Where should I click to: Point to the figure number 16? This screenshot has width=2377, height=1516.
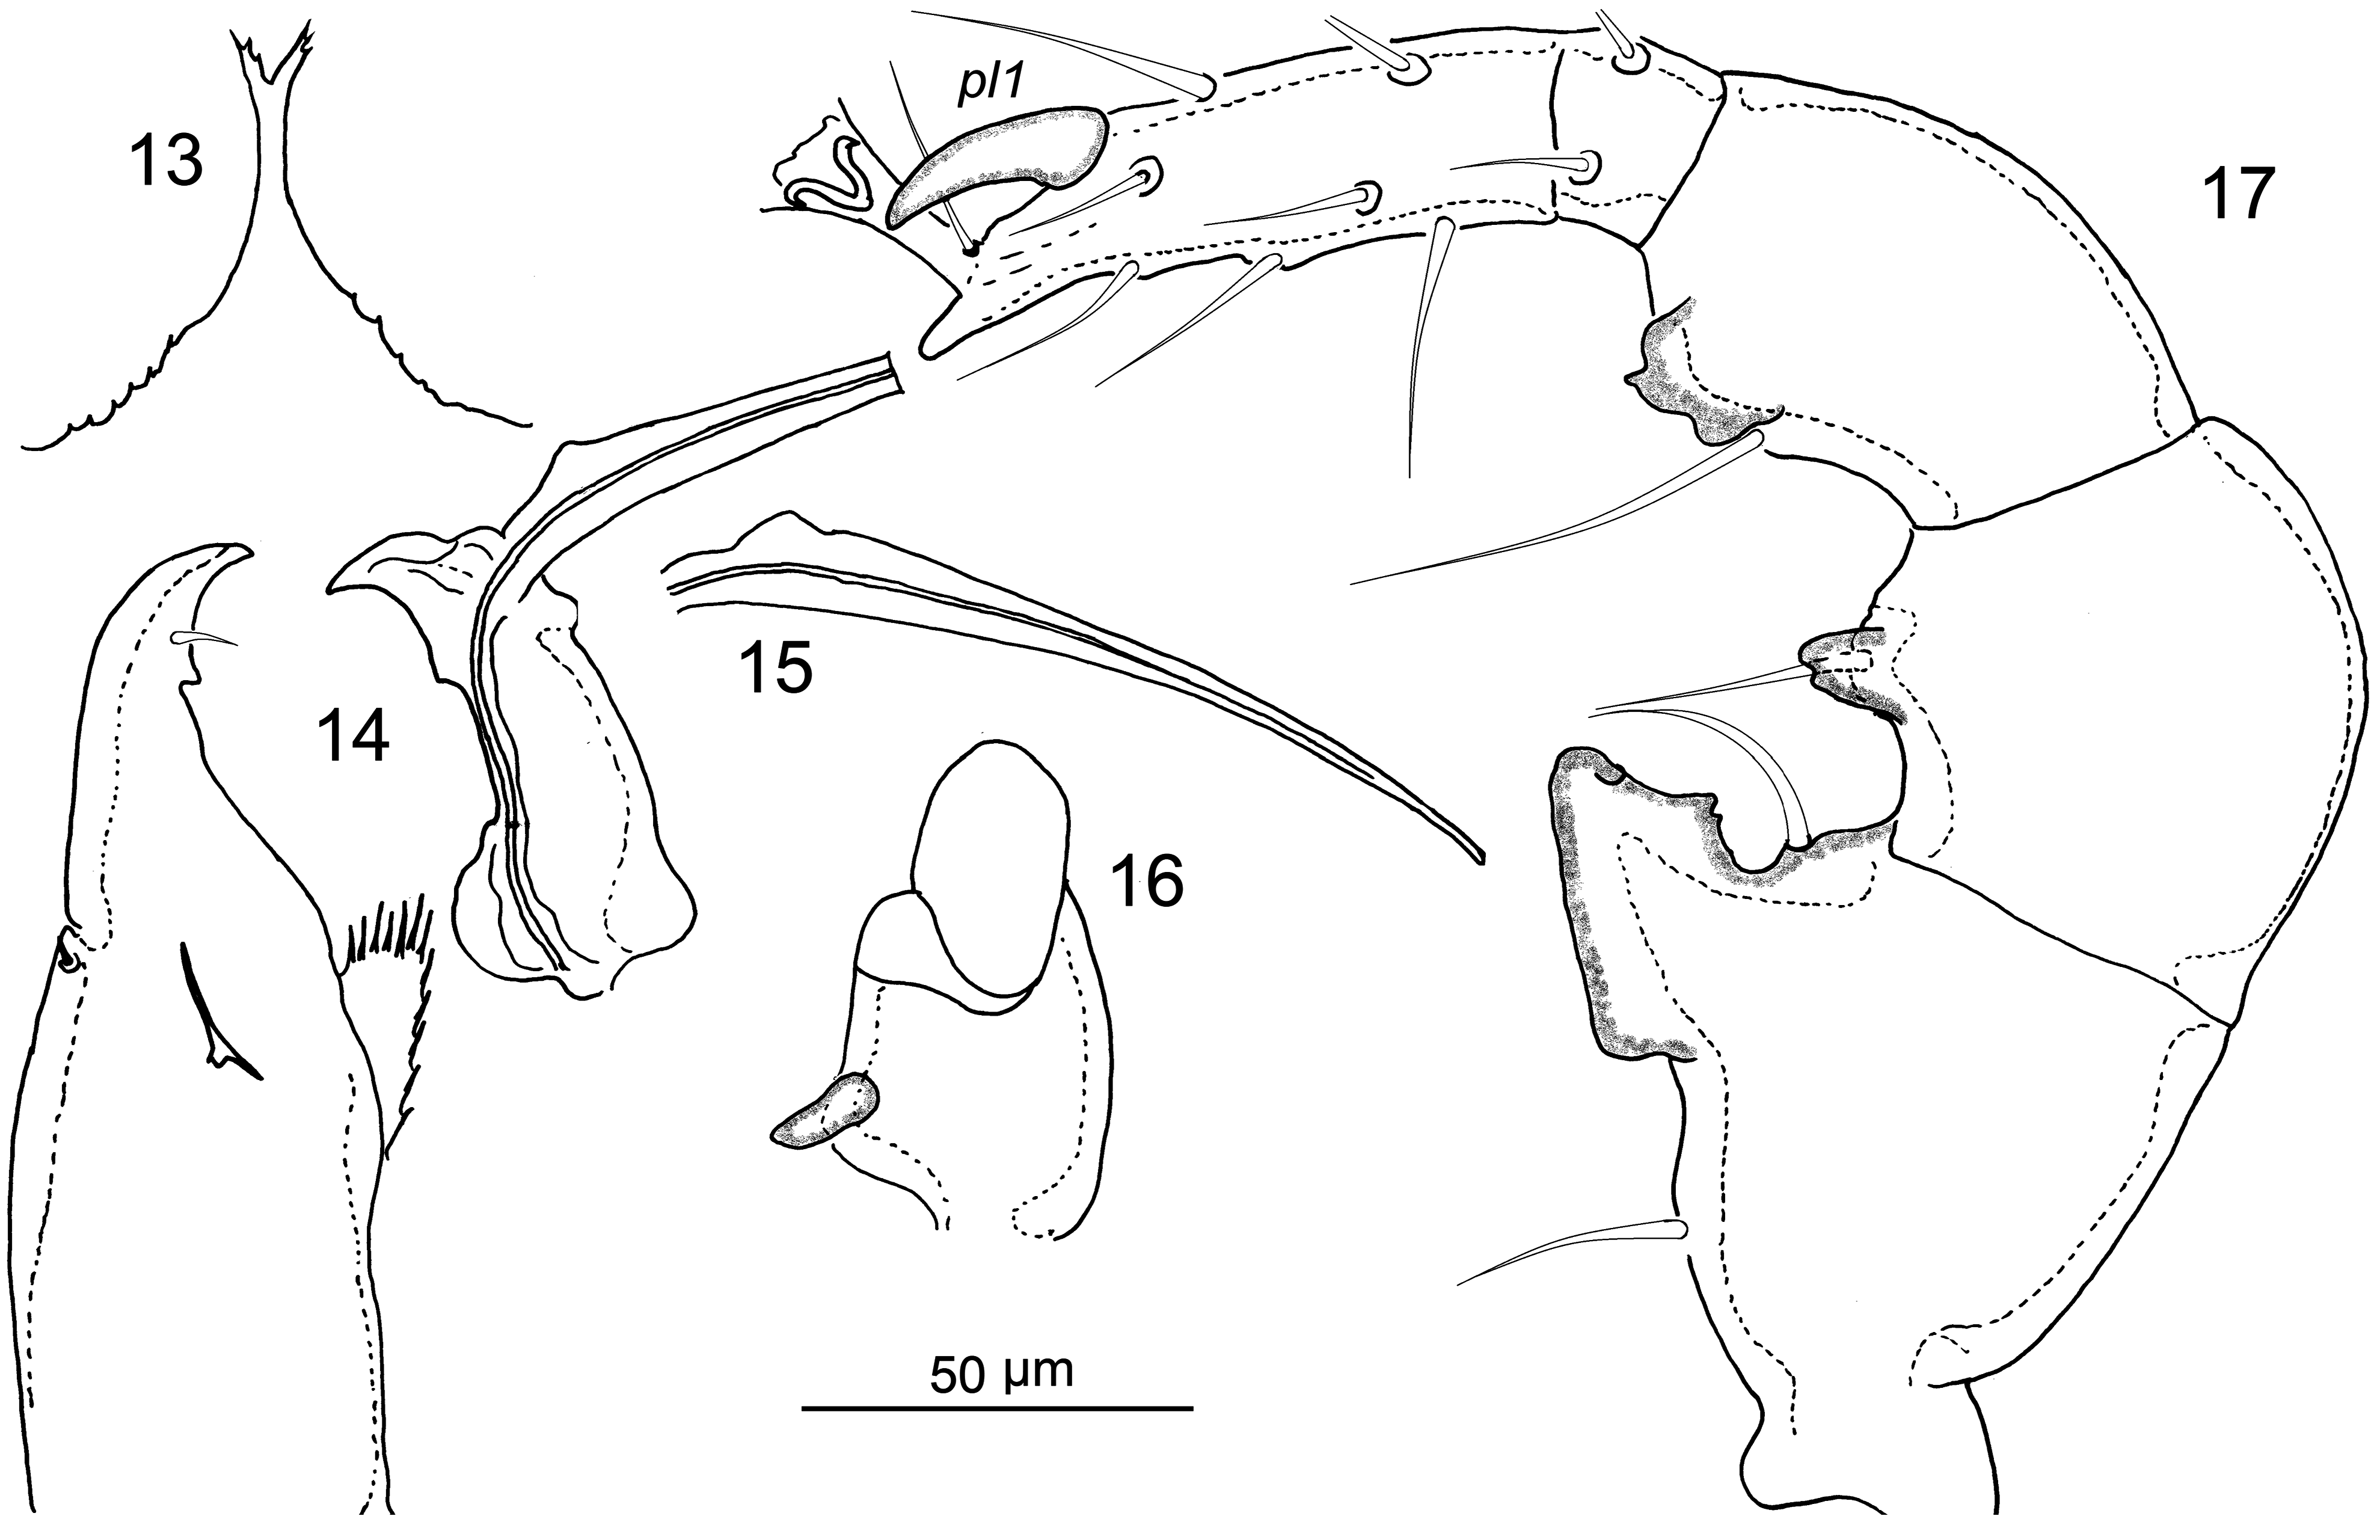point(1150,882)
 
